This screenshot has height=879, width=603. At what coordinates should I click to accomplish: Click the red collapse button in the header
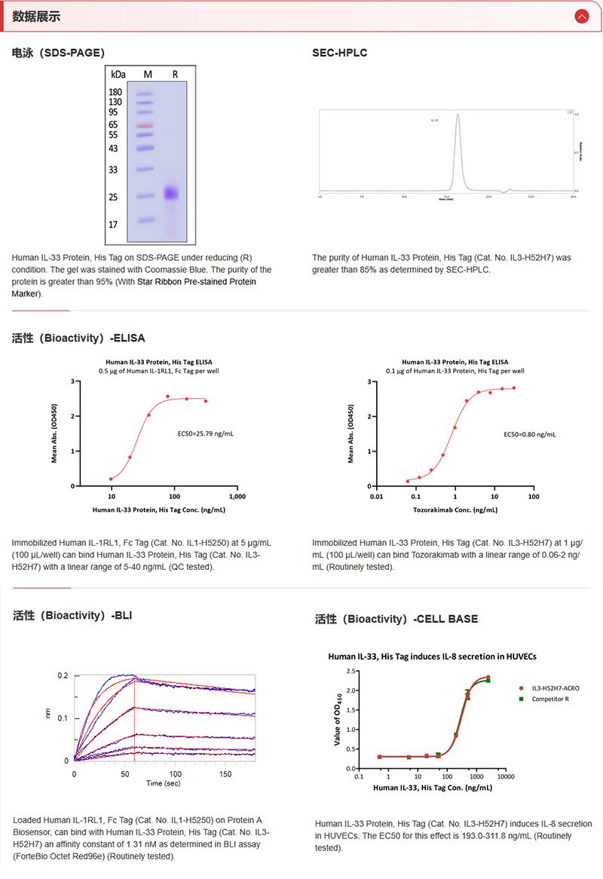tap(581, 16)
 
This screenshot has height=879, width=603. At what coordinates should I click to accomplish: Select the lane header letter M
tap(148, 75)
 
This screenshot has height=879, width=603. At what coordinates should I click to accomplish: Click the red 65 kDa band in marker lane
tap(145, 125)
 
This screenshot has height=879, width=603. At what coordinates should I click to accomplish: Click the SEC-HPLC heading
tap(339, 53)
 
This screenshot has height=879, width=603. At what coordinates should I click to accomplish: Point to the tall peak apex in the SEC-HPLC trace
tap(458, 115)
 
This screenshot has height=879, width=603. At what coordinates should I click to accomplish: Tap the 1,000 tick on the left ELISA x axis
tap(237, 498)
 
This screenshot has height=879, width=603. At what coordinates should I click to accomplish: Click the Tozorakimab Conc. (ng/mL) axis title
tap(455, 510)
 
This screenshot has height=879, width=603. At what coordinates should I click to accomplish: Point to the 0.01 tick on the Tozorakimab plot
tap(376, 498)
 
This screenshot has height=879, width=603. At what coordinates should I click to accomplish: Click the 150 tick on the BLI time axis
tap(226, 774)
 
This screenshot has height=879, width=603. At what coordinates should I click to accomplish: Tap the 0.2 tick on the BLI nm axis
tap(63, 675)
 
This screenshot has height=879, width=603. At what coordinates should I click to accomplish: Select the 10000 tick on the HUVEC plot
tap(505, 776)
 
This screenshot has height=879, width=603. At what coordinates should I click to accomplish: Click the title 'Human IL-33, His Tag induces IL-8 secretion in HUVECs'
tap(432, 656)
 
